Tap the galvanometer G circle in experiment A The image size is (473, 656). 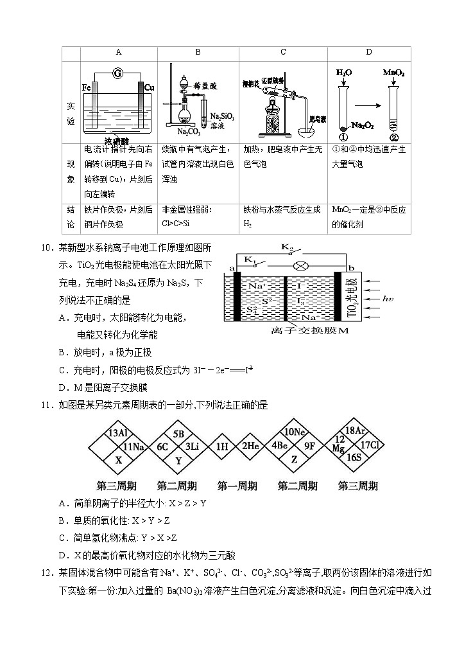[117, 74]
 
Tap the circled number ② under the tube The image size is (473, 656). [393, 137]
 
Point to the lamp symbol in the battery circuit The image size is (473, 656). [298, 265]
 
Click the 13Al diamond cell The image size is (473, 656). [118, 432]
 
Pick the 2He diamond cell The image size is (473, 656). [250, 446]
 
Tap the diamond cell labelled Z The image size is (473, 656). [293, 459]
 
